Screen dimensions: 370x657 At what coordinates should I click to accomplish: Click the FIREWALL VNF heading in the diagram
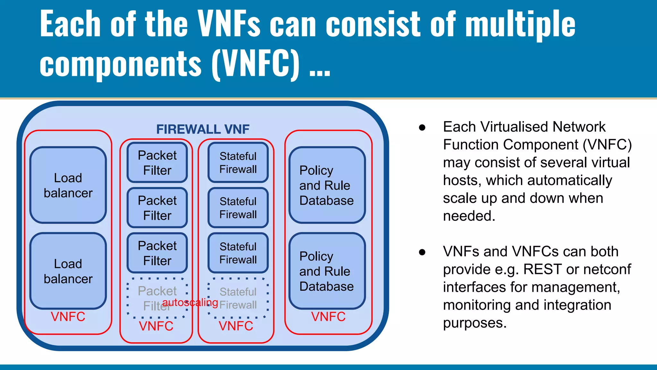pyautogui.click(x=202, y=129)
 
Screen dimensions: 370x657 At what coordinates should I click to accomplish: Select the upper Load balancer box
pyautogui.click(x=68, y=185)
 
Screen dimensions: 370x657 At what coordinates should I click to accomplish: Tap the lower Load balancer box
pyautogui.click(x=68, y=271)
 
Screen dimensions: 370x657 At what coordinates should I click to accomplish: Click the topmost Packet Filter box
pyautogui.click(x=157, y=163)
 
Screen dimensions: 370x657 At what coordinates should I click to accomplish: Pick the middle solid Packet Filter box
pyautogui.click(x=157, y=208)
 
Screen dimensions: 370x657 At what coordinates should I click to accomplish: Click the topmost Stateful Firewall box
pyautogui.click(x=238, y=163)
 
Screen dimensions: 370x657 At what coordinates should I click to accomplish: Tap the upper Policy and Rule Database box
pyautogui.click(x=327, y=185)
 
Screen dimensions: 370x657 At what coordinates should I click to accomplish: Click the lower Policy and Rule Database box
pyautogui.click(x=327, y=271)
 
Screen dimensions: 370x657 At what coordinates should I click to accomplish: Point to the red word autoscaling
pyautogui.click(x=190, y=303)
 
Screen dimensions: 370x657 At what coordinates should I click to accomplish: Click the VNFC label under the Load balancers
pyautogui.click(x=68, y=317)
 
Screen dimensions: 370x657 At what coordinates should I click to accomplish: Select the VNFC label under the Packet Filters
pyautogui.click(x=156, y=326)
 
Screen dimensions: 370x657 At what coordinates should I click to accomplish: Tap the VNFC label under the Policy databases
pyautogui.click(x=328, y=317)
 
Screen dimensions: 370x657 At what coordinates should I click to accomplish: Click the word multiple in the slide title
pyautogui.click(x=520, y=24)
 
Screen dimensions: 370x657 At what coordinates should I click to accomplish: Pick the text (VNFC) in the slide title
pyautogui.click(x=256, y=64)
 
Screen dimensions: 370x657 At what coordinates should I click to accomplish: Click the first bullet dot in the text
pyautogui.click(x=422, y=128)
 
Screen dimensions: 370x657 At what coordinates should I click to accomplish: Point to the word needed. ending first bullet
pyautogui.click(x=469, y=216)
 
